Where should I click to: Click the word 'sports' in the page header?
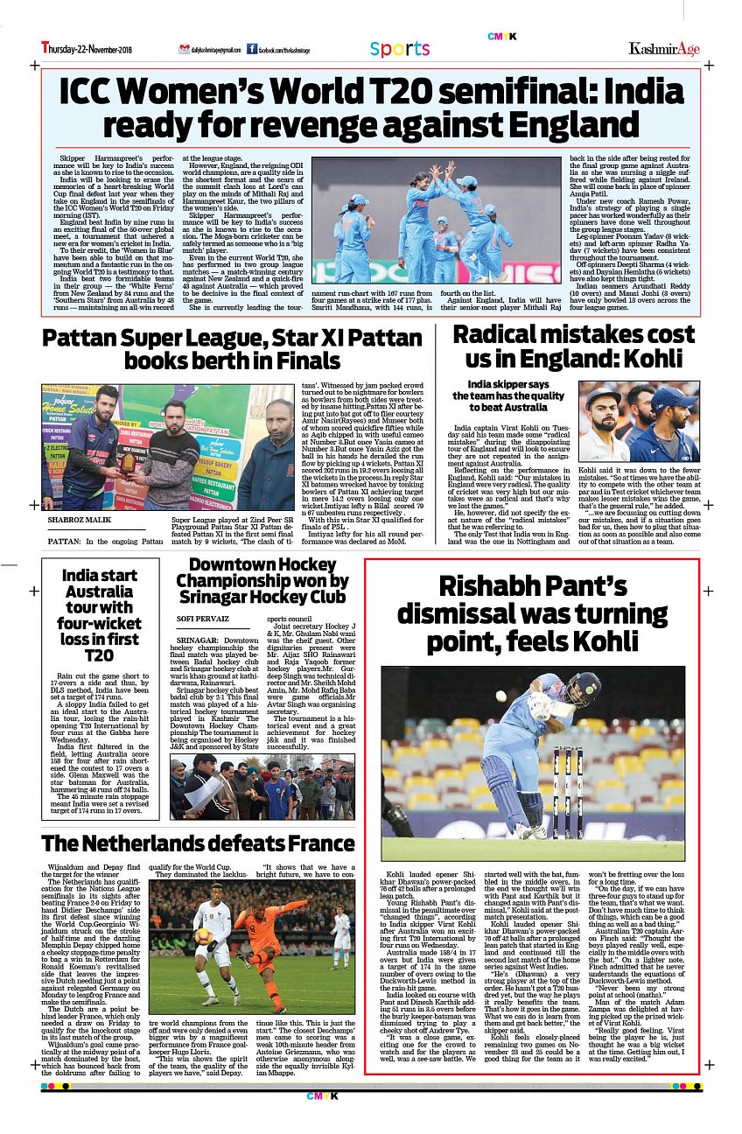tap(400, 49)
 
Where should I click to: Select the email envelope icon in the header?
tap(184, 50)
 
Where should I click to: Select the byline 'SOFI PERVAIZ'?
tap(202, 618)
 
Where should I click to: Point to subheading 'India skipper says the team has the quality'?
tap(508, 395)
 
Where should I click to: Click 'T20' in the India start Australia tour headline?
tap(99, 655)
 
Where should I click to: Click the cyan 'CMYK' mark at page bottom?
tap(316, 1095)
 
